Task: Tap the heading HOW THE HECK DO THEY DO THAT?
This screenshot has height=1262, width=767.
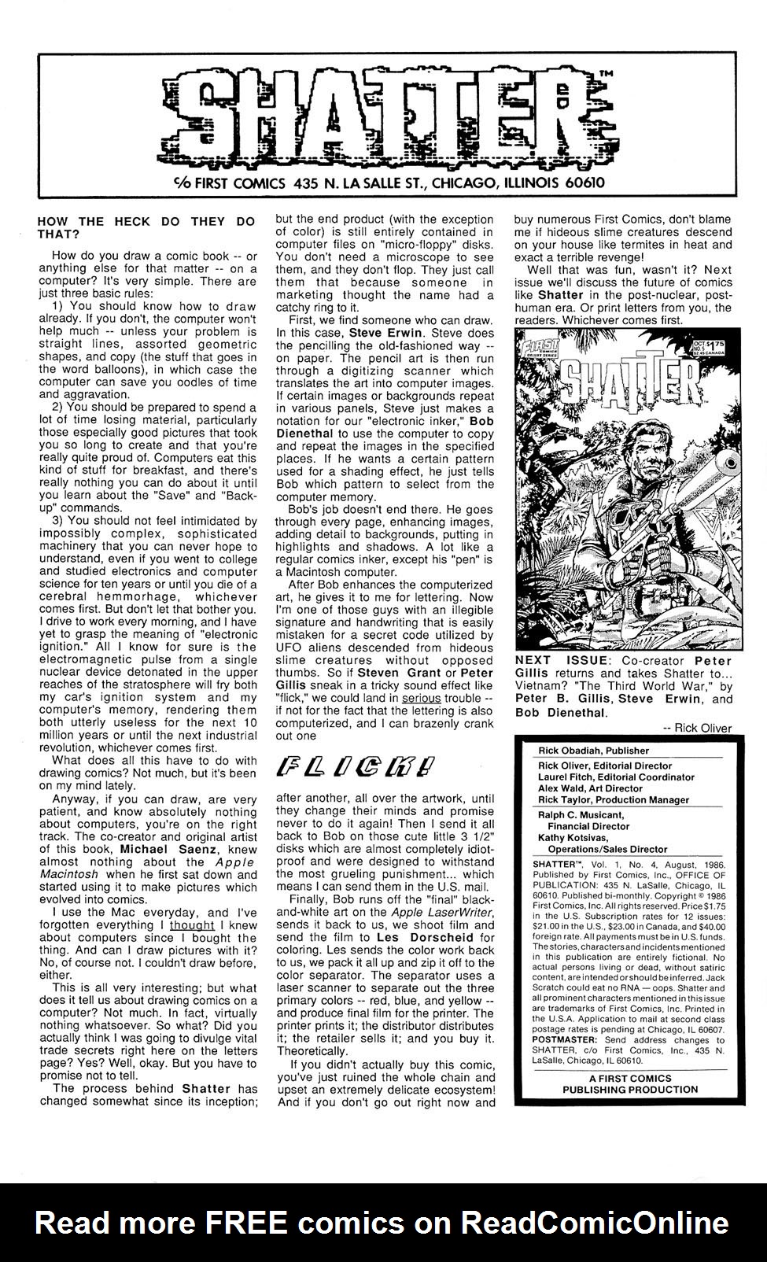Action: pyautogui.click(x=146, y=228)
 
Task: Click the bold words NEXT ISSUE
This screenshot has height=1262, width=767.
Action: pyautogui.click(x=559, y=661)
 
